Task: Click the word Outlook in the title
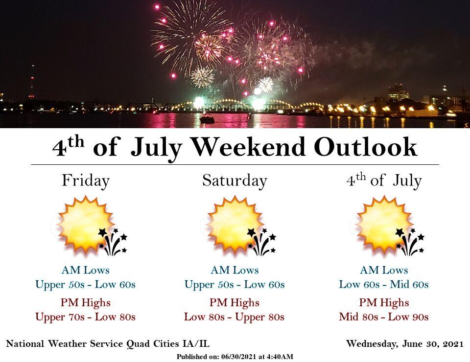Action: click(x=365, y=147)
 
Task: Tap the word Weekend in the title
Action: click(x=248, y=147)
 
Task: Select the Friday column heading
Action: click(x=86, y=181)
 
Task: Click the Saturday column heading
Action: click(x=235, y=181)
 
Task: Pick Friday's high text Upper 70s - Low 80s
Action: click(x=85, y=317)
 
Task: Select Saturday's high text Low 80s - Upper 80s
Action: click(x=234, y=317)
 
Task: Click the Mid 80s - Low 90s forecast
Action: click(x=384, y=317)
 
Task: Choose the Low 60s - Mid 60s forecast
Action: click(x=384, y=284)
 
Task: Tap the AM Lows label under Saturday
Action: click(x=235, y=270)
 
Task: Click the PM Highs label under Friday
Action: click(x=85, y=303)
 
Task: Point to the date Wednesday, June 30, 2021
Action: click(x=405, y=344)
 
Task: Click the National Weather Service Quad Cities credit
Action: click(x=108, y=344)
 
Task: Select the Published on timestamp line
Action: click(x=235, y=357)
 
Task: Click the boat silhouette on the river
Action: click(x=207, y=119)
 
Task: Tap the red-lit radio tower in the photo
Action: click(x=32, y=82)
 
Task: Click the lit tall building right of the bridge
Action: click(x=399, y=93)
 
